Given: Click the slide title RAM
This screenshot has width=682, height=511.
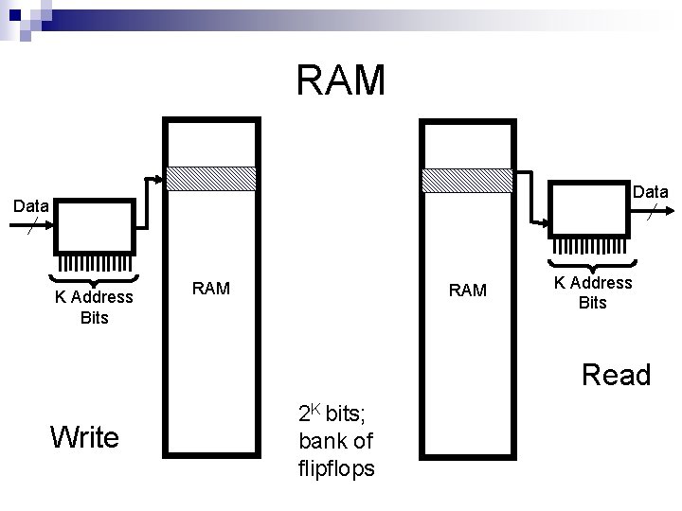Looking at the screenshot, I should point(341,80).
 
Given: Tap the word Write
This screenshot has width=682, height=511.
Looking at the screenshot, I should point(85,437).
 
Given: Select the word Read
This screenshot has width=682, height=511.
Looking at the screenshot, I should point(616,376).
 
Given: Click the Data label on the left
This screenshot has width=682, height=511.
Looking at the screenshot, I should point(30,205).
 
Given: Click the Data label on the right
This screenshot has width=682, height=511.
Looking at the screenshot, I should point(650,192).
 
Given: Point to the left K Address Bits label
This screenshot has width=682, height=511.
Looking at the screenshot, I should point(94,308).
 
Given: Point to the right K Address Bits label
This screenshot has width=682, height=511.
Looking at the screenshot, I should point(593,292).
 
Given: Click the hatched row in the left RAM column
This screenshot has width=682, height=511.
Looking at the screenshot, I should point(211,179).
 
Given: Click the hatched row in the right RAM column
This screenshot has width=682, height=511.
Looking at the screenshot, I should point(467,179).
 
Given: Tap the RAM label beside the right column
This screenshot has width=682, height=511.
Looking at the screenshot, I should point(467,290).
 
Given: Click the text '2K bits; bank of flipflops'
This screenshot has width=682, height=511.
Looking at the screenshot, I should point(335,440).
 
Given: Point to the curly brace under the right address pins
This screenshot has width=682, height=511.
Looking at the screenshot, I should point(593,264).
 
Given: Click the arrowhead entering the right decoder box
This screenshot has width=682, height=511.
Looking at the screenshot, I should point(547,224).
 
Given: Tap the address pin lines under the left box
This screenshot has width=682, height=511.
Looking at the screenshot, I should point(94,264).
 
